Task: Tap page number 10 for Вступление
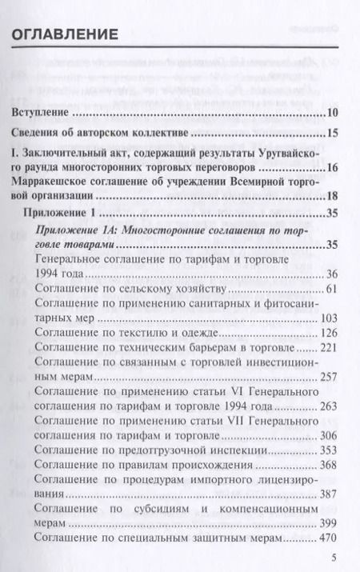coord(334,111)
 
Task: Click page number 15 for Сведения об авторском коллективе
coord(334,132)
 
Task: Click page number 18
coord(334,196)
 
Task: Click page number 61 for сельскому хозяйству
coord(334,290)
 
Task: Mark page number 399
coord(331,529)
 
